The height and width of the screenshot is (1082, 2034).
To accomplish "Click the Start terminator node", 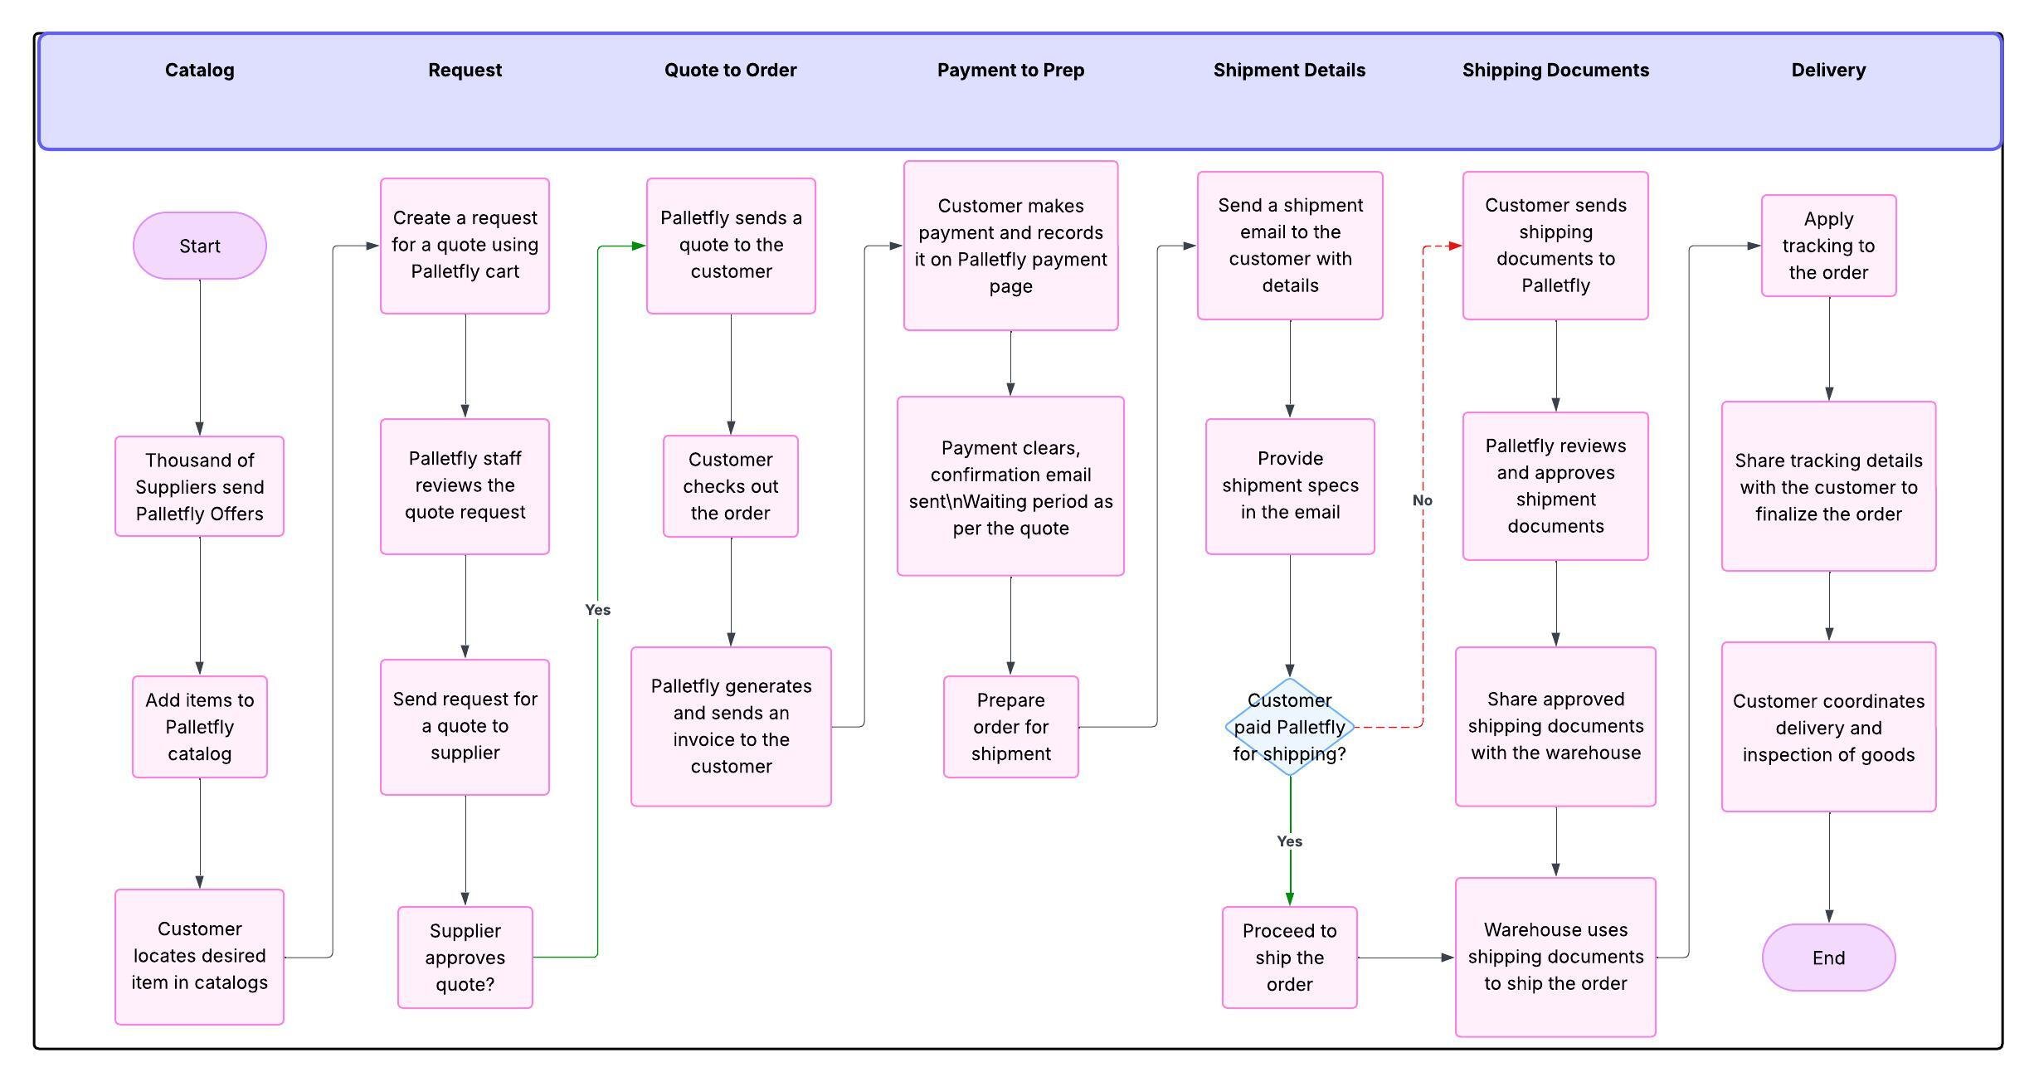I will click(199, 246).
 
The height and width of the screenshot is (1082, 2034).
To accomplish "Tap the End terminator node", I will click(1827, 958).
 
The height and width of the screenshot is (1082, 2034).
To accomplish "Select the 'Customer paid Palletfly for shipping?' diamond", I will click(1289, 727).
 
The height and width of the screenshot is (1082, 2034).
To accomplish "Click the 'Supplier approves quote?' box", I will click(465, 957).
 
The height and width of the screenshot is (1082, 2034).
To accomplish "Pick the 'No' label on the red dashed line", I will click(1422, 500).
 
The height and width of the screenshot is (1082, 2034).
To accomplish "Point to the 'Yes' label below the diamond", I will click(1289, 841).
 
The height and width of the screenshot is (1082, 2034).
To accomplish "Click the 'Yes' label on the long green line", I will click(597, 610).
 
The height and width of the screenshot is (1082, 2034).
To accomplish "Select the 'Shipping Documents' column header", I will click(1555, 71).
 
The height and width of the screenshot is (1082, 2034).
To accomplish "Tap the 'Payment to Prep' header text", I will click(1010, 71).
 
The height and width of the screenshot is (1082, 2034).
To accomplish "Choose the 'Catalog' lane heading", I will click(199, 71).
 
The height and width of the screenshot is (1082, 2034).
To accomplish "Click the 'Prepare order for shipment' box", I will click(1010, 727).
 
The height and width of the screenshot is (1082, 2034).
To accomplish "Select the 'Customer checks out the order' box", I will click(730, 486).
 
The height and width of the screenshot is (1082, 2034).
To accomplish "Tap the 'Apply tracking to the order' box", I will click(1827, 246).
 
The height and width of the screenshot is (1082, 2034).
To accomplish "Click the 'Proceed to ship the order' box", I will click(1289, 957).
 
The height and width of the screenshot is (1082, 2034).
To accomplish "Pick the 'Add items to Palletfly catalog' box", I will click(199, 727).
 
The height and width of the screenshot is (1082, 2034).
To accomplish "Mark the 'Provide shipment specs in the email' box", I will click(1289, 486).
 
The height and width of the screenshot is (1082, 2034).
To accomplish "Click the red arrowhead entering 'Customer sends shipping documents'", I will click(1454, 246).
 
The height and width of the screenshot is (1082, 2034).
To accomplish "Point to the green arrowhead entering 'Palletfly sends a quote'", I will click(638, 246).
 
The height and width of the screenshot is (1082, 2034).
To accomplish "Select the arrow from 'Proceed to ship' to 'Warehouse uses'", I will click(1405, 958).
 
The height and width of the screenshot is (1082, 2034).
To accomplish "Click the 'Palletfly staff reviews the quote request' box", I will click(465, 486).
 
